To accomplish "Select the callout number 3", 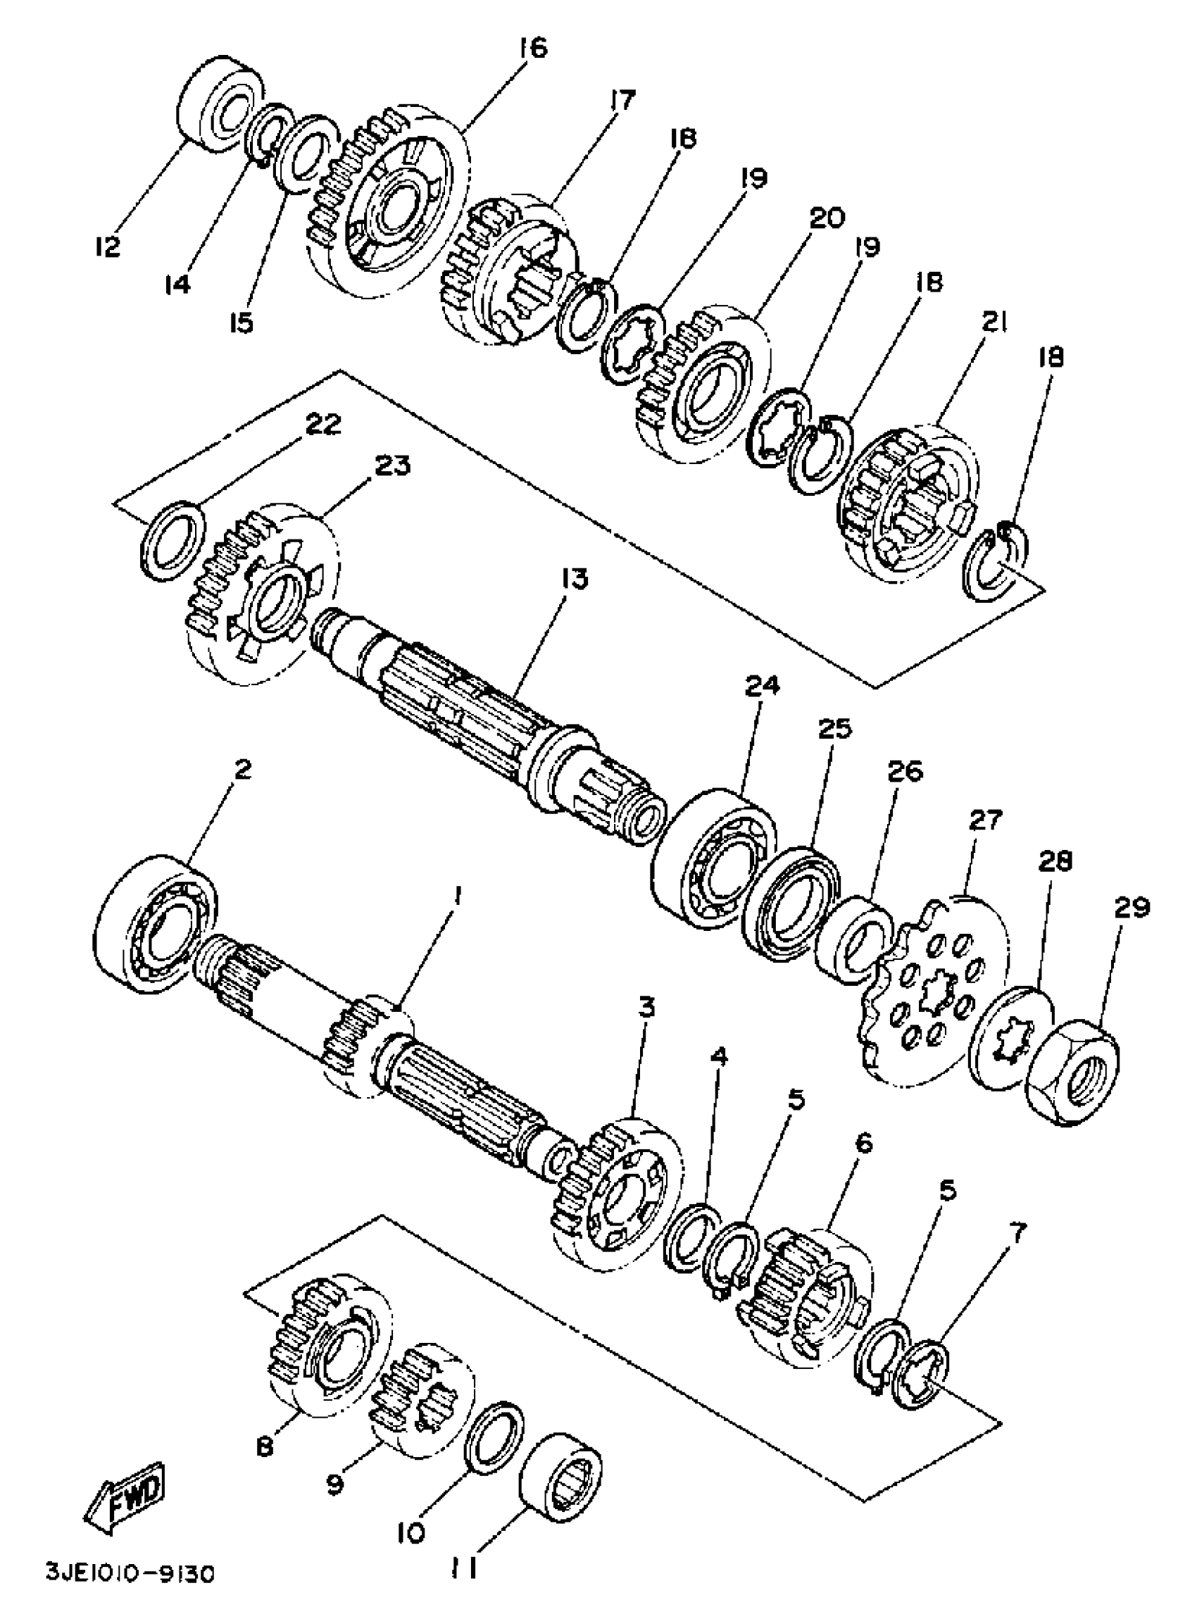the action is click(x=646, y=1007).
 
